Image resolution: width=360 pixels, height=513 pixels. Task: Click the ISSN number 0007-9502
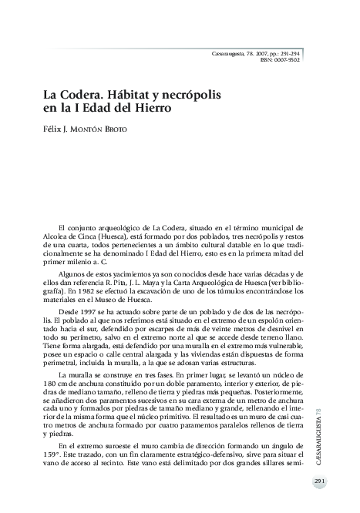[286, 59]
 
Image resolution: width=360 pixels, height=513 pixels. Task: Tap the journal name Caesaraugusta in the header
[232, 52]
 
